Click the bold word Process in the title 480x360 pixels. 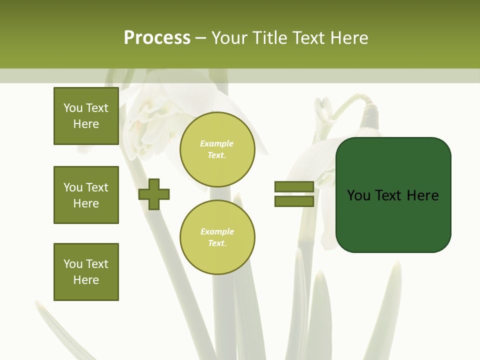click(157, 38)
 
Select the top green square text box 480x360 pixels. click(86, 116)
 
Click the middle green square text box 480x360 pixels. click(86, 195)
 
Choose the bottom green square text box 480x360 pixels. click(86, 272)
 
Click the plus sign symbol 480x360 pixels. click(154, 194)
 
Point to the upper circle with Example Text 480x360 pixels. click(217, 149)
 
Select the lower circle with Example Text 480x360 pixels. click(217, 237)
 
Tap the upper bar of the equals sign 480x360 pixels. click(294, 187)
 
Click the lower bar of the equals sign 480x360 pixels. click(294, 201)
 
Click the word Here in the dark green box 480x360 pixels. click(422, 195)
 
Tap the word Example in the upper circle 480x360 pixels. click(217, 144)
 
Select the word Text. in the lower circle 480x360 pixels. click(217, 243)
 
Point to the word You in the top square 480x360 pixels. click(73, 108)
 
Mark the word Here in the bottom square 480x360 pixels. click(86, 280)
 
